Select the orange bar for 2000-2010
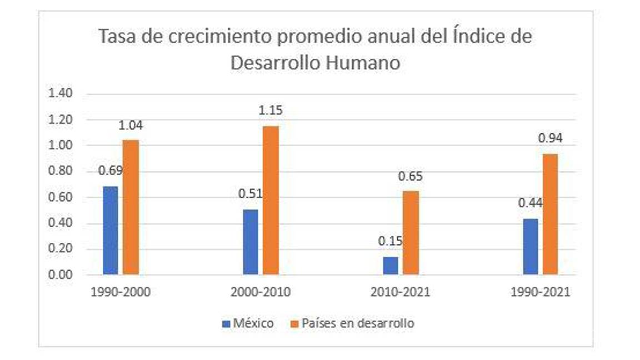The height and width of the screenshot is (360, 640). [x=271, y=200]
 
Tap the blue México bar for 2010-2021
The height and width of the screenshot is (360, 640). [x=391, y=266]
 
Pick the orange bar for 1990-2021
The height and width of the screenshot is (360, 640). [x=550, y=214]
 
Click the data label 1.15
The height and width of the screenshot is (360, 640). [x=271, y=110]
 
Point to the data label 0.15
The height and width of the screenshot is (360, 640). [x=391, y=242]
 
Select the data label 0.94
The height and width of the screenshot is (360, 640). [x=550, y=138]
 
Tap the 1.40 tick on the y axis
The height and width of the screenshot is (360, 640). [x=61, y=93]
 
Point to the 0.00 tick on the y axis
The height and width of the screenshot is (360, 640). [x=61, y=275]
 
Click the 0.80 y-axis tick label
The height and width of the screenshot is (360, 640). [x=61, y=171]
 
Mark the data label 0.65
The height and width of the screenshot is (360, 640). [x=411, y=177]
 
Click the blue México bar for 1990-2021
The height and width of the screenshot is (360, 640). [x=531, y=247]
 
